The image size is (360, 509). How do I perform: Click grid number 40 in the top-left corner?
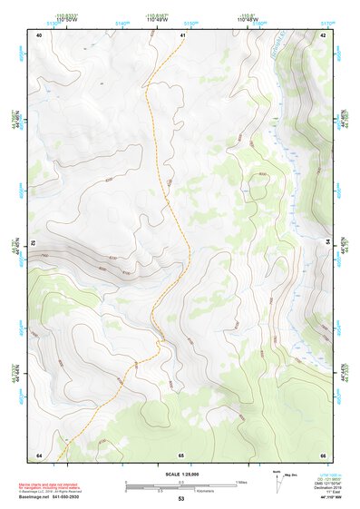tap(39, 34)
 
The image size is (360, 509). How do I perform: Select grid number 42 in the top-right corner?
tap(323, 34)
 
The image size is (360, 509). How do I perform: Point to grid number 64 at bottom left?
tap(39, 454)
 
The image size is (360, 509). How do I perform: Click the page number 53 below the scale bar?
tap(180, 499)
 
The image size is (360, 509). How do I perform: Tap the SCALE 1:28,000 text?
tap(180, 475)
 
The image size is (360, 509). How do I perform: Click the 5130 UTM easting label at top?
tap(55, 25)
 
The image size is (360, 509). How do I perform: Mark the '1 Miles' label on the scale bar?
tap(242, 481)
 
